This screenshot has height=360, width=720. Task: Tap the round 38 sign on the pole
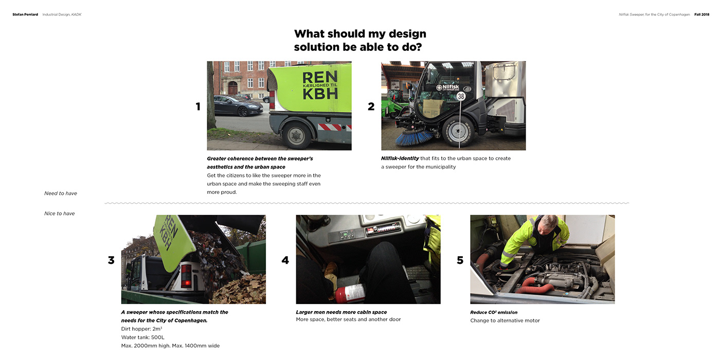461,96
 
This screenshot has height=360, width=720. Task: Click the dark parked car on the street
238,105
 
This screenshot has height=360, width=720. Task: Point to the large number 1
198,106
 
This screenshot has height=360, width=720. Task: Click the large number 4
285,260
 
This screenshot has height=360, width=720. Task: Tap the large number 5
460,260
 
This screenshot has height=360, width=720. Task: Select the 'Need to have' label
61,193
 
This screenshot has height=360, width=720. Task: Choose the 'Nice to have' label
60,213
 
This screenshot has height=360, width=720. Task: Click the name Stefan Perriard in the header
25,14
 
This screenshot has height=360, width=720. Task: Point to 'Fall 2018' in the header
701,14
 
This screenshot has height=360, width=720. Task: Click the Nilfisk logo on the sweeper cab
448,87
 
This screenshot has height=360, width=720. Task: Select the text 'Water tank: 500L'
143,337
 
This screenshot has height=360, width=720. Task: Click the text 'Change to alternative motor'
505,320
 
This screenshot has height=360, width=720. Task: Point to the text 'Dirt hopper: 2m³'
141,329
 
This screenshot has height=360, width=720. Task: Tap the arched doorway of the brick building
232,87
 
